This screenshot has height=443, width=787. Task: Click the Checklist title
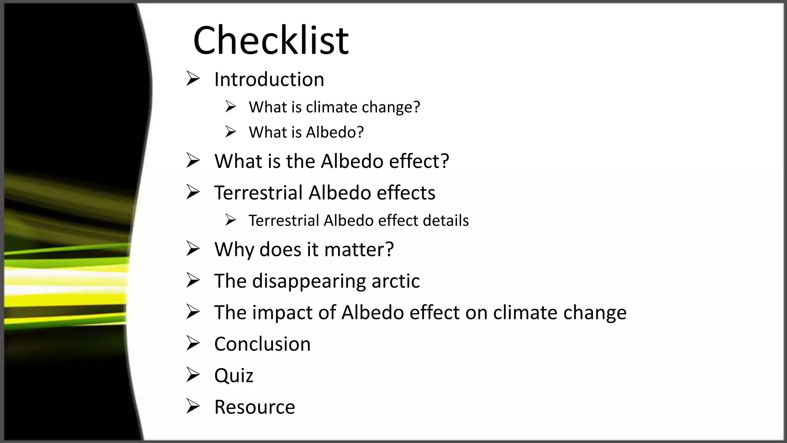(271, 40)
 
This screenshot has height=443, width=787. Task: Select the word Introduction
(269, 80)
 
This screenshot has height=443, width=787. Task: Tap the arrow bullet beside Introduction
(193, 78)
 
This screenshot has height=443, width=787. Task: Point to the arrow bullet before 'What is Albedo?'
(231, 132)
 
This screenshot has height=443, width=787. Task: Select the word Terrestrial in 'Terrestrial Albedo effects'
(258, 193)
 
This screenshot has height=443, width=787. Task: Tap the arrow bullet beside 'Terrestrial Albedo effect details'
(231, 220)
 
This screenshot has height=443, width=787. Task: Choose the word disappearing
(309, 281)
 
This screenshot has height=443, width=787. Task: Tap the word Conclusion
(262, 344)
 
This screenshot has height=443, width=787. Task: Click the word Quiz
(234, 376)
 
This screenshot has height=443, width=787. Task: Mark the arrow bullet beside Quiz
(193, 375)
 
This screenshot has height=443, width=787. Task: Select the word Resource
(254, 407)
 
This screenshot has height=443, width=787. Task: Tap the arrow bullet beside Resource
(193, 406)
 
